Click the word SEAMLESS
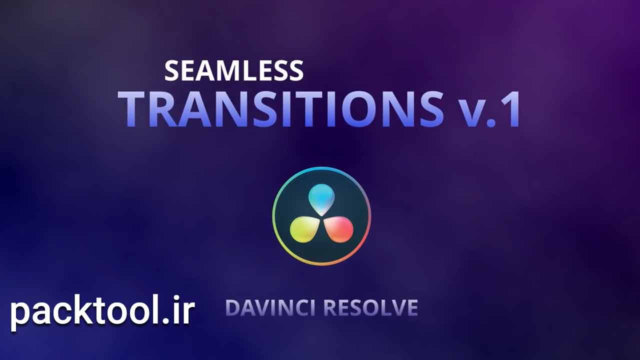[x=233, y=70]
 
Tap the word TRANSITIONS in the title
[x=281, y=109]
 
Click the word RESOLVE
[x=370, y=307]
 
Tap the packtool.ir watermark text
[x=103, y=311]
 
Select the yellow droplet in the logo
[x=303, y=229]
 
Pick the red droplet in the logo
[x=339, y=229]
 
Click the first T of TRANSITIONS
[x=132, y=109]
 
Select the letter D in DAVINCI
[x=233, y=307]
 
